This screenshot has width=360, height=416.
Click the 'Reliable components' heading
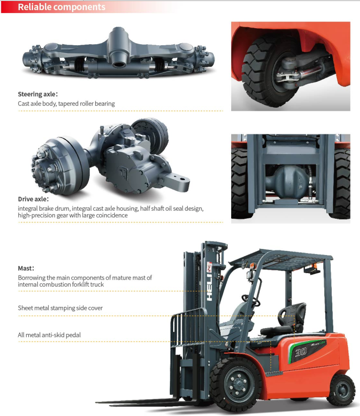click(x=61, y=7)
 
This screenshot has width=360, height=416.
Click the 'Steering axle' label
click(x=38, y=94)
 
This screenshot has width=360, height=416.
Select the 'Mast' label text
click(x=26, y=268)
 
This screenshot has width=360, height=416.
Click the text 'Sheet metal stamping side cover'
click(x=60, y=308)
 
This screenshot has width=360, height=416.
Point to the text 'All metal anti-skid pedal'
click(x=49, y=335)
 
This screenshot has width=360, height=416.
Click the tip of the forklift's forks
click(x=101, y=402)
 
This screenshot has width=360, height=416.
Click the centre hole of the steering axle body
click(x=120, y=64)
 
